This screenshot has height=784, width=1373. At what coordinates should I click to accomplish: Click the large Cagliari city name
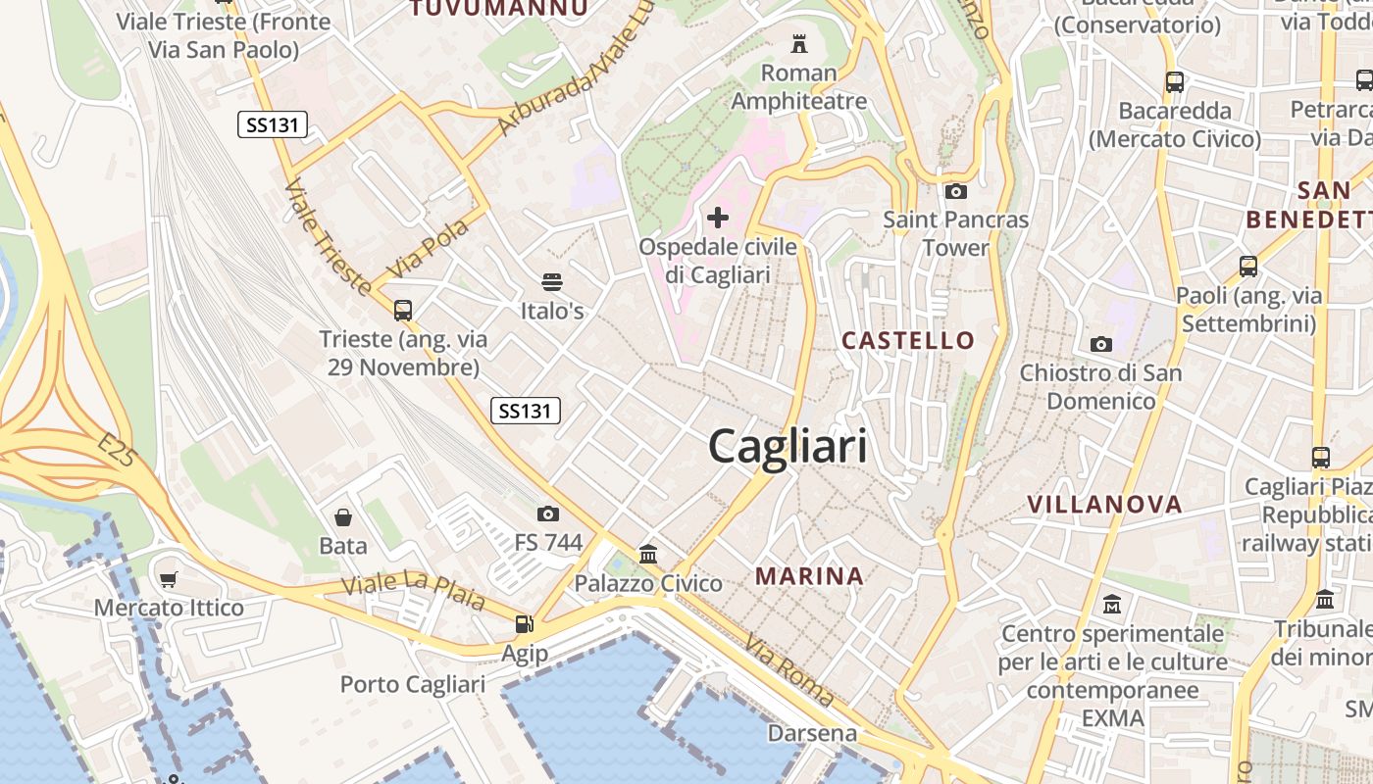point(788,447)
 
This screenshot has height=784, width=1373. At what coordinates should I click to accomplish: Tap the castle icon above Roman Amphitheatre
point(799,44)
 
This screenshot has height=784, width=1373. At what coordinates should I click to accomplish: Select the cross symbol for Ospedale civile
point(718,218)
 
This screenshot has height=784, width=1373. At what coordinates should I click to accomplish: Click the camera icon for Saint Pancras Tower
point(956,191)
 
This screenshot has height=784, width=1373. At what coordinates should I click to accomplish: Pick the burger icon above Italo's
point(552,283)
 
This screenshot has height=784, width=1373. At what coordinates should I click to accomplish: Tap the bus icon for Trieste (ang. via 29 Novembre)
point(402,311)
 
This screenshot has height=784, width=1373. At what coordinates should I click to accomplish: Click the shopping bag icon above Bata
point(343,516)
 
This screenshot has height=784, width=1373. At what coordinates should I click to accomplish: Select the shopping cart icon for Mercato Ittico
point(168,579)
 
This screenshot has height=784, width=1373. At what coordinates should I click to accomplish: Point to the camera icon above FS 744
point(548,514)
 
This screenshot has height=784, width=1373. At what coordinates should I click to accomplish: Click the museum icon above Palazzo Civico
point(648,555)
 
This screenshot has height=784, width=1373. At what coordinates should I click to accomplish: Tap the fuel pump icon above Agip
point(525,624)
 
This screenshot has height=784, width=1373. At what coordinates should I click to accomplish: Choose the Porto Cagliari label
point(412,684)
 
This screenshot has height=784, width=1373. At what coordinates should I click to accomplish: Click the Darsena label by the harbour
point(812,733)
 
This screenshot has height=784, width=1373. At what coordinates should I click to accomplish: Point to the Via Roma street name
point(789,671)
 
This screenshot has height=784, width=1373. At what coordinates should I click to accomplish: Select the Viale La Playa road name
point(414,590)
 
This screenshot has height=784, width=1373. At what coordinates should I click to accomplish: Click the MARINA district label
point(809,576)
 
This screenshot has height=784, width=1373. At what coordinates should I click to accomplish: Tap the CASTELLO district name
point(908,341)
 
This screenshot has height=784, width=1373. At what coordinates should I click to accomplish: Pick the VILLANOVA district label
point(1104,505)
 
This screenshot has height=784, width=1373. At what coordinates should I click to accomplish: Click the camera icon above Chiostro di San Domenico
point(1101,344)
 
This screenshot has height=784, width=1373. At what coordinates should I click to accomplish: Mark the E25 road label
point(116,452)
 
